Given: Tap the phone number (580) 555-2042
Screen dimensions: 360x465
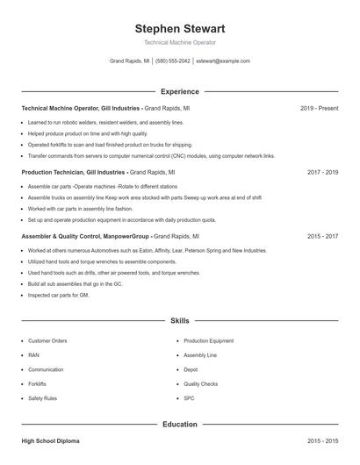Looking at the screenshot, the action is [x=173, y=61].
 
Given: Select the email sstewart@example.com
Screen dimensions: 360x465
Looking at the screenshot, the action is [x=223, y=61].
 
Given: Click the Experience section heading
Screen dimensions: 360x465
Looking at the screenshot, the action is [x=179, y=91].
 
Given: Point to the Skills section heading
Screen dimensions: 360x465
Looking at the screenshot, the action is [x=179, y=322].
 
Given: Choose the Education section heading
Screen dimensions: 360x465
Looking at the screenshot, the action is [x=179, y=425].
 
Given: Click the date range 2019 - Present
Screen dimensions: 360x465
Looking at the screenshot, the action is [x=319, y=108].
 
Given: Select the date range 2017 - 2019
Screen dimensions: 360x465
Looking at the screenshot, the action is [x=322, y=173].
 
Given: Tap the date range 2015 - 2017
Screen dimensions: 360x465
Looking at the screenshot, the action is [x=322, y=237].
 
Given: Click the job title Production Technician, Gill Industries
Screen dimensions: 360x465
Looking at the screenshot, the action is [x=74, y=173].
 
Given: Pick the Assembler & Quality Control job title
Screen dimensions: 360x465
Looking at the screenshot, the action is [x=85, y=237].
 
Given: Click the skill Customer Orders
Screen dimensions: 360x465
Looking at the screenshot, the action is [x=47, y=340].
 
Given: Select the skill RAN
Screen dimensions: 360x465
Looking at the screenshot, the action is [x=33, y=355].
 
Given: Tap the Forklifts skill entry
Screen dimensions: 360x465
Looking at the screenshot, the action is [x=37, y=384].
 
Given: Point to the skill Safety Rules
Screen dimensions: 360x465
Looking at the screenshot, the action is [x=42, y=398].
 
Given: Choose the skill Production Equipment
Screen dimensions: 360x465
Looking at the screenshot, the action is [x=208, y=340].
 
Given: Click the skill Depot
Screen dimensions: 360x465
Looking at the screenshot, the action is [x=191, y=369].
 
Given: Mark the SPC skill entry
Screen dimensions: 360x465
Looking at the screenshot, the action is [x=189, y=398].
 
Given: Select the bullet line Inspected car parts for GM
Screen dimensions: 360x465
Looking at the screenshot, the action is [x=59, y=295].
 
